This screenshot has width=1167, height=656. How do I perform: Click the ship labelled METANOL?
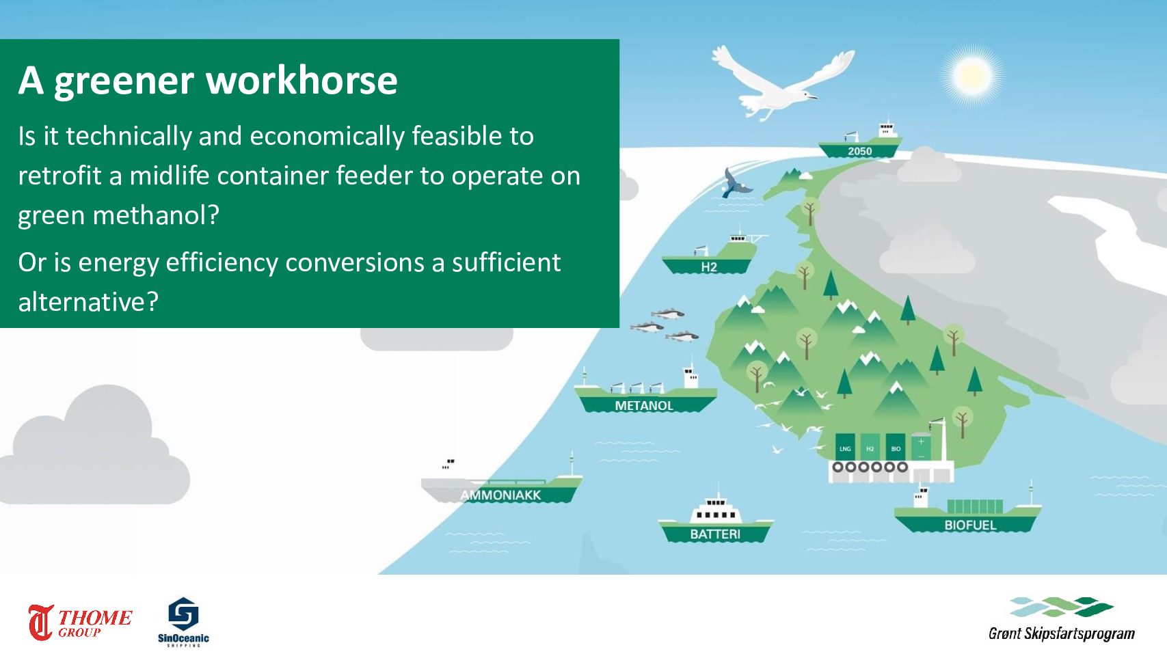(x=645, y=396)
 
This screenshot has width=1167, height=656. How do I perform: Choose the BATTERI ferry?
(x=715, y=522)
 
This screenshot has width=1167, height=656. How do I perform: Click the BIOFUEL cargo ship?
(x=968, y=512)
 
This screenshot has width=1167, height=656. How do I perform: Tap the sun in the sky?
(x=971, y=76)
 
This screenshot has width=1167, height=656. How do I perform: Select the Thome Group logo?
(x=80, y=622)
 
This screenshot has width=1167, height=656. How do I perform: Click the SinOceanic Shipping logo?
(x=183, y=622)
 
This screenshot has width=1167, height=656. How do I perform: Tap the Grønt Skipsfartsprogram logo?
(x=1061, y=619)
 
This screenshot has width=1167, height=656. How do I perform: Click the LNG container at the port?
(x=845, y=447)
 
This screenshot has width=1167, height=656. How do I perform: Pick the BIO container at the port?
(x=896, y=447)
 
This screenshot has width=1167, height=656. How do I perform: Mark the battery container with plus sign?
(x=921, y=447)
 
